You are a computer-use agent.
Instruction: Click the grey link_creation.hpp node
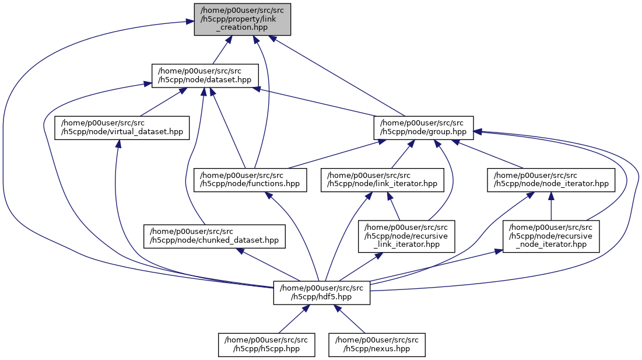242,19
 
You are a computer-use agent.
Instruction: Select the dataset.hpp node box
205,76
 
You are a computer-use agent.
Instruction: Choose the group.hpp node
423,127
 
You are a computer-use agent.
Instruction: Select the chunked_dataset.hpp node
215,236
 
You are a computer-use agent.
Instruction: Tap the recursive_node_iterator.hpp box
552,236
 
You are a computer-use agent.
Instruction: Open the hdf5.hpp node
321,292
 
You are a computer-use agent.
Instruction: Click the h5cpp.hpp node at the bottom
267,344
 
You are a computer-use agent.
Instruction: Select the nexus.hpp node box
377,344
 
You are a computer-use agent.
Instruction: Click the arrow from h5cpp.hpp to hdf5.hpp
290,321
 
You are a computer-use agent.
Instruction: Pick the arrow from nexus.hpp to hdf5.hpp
352,321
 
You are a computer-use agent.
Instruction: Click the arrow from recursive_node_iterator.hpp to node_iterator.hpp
551,207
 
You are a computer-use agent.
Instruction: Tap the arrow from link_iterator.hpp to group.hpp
402,154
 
